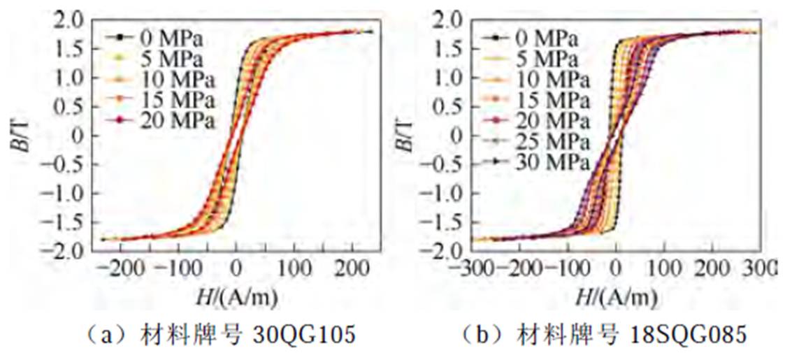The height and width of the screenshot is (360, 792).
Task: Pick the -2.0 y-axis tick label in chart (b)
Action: [446, 250]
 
